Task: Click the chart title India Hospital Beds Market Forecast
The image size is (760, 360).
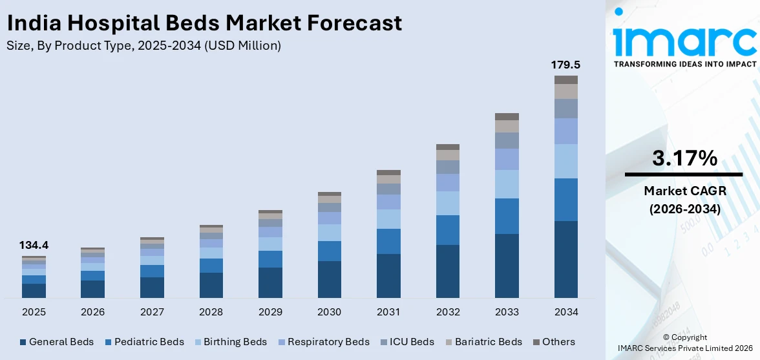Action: coord(204,23)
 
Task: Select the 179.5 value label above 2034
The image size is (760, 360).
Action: coord(565,65)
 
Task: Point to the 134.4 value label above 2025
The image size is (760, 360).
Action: coord(34,246)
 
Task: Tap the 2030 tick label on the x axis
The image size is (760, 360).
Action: coord(329,312)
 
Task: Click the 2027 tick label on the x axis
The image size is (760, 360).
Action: coord(152,312)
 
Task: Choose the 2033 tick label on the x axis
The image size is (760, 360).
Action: coord(507,312)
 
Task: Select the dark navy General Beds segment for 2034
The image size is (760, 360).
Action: coord(565,259)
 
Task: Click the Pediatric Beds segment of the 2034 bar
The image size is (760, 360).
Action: coord(565,200)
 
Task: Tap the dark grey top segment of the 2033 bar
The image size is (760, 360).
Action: coord(507,117)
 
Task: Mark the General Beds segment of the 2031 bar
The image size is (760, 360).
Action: coord(388,276)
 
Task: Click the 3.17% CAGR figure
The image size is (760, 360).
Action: coord(684,158)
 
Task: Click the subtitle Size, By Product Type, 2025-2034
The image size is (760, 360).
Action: coord(143,46)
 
